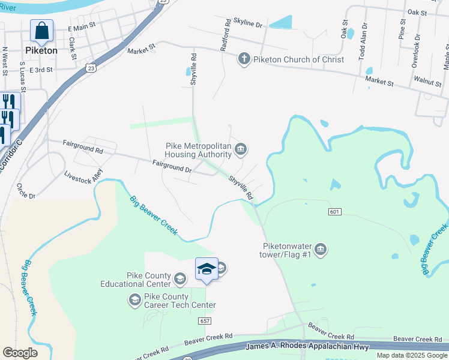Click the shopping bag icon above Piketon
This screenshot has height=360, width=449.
(x=42, y=30)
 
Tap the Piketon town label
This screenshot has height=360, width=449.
(x=42, y=50)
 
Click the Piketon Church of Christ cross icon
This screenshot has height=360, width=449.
(x=244, y=59)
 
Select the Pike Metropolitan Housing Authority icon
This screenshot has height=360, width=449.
(x=240, y=149)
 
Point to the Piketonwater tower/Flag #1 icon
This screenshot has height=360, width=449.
(x=320, y=249)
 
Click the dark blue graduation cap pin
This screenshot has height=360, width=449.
(x=206, y=269)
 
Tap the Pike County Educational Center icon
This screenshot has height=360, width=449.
(x=179, y=278)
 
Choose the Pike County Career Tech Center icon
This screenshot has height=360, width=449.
(x=134, y=299)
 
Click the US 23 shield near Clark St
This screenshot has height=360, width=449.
(x=90, y=68)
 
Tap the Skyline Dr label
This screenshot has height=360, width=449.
(x=247, y=25)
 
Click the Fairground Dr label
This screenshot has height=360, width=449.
(x=172, y=167)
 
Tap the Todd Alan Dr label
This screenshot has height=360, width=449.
(x=363, y=44)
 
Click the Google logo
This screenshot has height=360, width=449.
(x=20, y=353)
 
